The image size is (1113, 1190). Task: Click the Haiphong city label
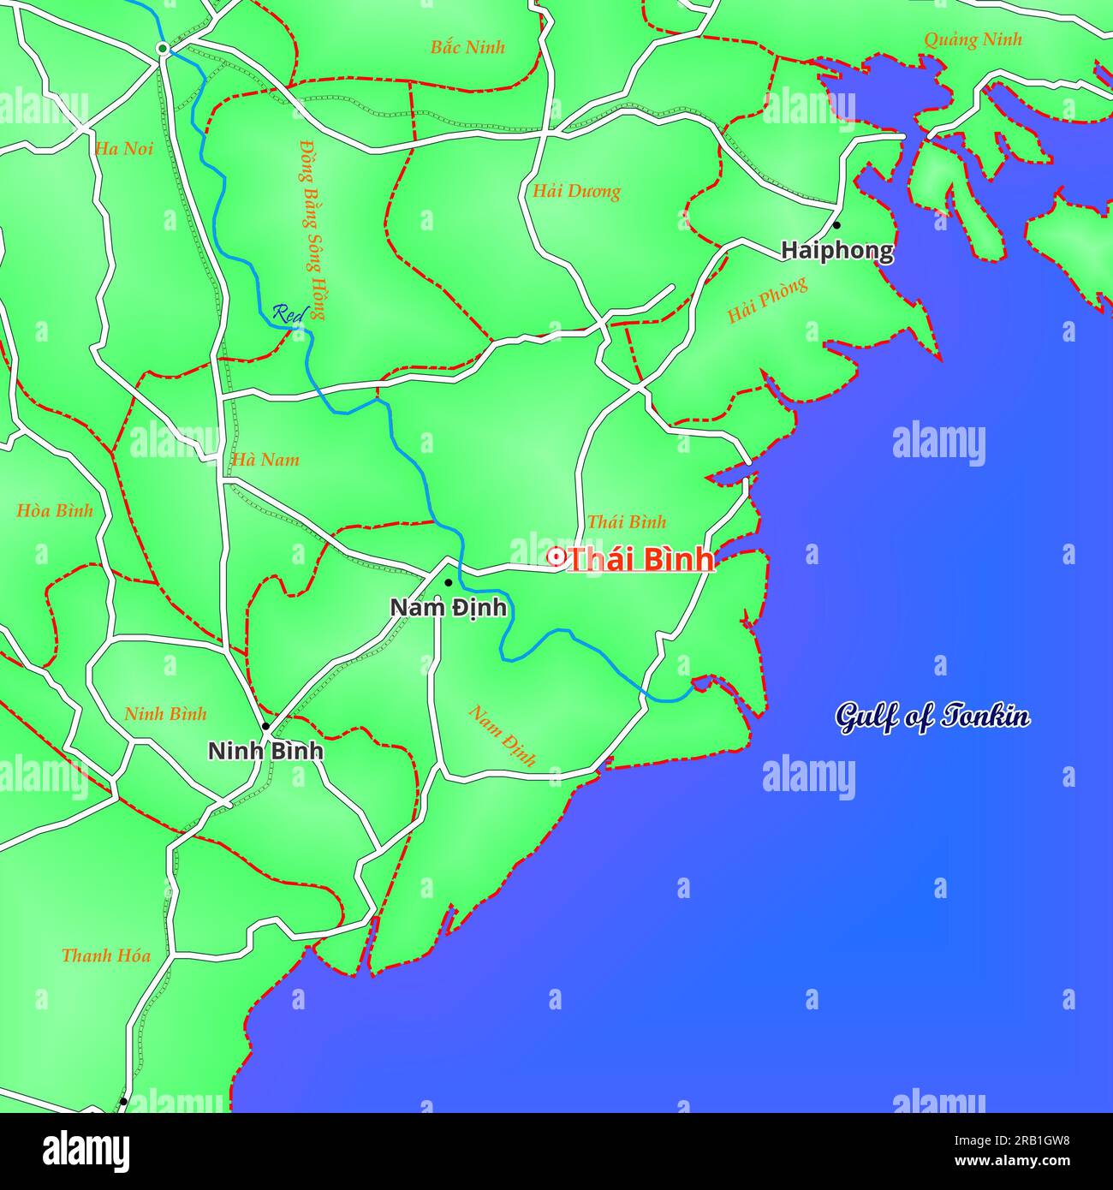[x=836, y=251]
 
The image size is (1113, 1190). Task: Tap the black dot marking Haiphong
[x=836, y=225]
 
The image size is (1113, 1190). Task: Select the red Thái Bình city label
[x=641, y=559]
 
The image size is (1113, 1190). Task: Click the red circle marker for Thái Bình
[x=556, y=558]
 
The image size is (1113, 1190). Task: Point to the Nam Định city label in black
[x=448, y=607]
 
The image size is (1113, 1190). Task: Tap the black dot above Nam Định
[x=448, y=583]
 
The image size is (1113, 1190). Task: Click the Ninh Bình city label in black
[x=266, y=751]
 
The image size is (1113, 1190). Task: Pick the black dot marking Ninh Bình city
[x=265, y=726]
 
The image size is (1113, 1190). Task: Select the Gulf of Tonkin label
[x=932, y=717]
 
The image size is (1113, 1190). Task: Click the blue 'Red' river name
[x=289, y=314]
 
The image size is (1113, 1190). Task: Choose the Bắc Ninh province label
[x=467, y=47]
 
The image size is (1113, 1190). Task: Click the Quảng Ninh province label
[x=973, y=39]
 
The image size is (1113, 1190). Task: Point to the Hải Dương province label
[x=576, y=191]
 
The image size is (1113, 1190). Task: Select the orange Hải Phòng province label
[x=767, y=300]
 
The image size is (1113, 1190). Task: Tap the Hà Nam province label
[x=265, y=460]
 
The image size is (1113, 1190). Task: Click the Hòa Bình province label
[x=54, y=511]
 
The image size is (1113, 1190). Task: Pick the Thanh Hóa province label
[x=105, y=955]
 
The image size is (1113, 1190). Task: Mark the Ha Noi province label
[x=124, y=149]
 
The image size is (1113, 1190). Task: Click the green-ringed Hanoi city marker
[x=162, y=49]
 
